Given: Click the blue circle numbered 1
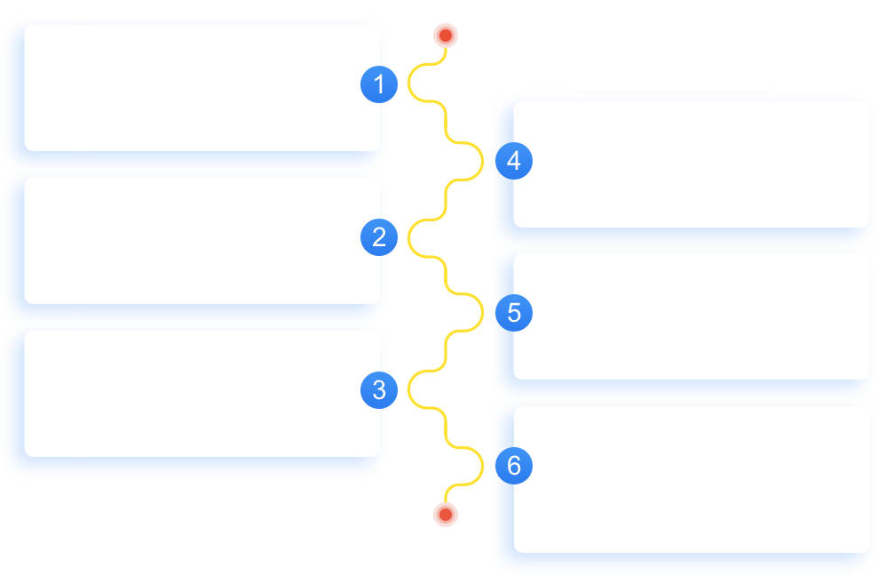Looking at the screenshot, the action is (x=379, y=84).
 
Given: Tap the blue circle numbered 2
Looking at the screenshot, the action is (x=379, y=237).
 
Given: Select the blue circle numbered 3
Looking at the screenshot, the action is (x=379, y=390).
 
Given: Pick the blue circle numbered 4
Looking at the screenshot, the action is (x=514, y=161).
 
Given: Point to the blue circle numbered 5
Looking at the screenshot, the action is (x=514, y=313).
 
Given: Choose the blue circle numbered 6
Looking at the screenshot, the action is (x=514, y=466).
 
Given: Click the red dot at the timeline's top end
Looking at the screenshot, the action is (x=446, y=36).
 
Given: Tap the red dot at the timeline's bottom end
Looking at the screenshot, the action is (x=446, y=515).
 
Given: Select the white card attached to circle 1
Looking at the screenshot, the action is (x=202, y=88).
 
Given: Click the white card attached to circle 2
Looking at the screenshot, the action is (x=202, y=241).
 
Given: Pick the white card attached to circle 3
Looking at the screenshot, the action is (x=202, y=394).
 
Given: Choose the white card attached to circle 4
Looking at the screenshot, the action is (x=691, y=164).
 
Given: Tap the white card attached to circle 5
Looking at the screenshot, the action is (x=691, y=316).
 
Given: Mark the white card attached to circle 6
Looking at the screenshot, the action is (x=691, y=479).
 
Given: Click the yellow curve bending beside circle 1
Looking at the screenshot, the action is (x=408, y=83).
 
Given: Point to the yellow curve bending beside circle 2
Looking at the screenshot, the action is (x=408, y=238).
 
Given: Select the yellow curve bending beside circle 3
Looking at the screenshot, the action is (x=408, y=389).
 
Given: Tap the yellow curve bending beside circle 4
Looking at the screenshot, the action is (x=482, y=162).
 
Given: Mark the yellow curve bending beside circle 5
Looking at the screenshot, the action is (x=482, y=312).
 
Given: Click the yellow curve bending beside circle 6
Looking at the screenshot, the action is (x=482, y=466).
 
